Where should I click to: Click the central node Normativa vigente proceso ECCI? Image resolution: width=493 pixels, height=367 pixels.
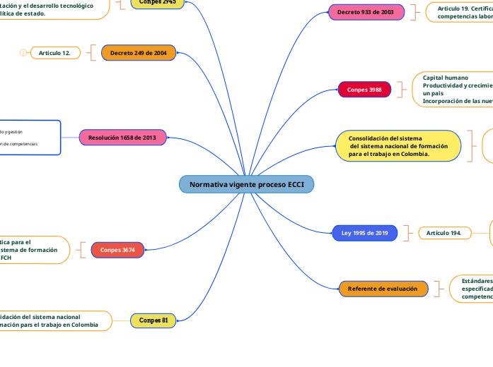pos(246,184)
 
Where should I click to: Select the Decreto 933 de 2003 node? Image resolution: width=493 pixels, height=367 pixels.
pos(366,12)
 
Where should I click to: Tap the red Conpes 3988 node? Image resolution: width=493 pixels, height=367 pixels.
pos(364,90)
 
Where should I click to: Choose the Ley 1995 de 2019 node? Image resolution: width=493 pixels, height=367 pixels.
pos(365,233)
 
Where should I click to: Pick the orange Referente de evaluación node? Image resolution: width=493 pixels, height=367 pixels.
pos(383,289)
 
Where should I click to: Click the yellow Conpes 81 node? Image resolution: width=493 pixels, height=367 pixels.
pos(153,320)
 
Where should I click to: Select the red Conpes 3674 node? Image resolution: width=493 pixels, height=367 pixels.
pos(117,250)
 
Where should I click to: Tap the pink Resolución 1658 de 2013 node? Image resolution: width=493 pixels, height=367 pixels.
pos(123,137)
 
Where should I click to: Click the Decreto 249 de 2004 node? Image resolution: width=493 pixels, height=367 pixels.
pos(139,53)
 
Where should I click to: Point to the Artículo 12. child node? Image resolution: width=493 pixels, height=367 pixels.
pos(54,53)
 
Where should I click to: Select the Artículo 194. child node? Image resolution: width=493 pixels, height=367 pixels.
pos(445,233)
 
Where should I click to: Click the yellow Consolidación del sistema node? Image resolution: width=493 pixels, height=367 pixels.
pos(398,145)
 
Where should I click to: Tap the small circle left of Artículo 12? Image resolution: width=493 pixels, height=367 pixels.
pos(23,53)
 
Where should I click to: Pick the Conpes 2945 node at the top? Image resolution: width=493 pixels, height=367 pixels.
pos(158,3)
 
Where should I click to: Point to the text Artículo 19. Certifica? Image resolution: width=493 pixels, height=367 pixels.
pos(464,8)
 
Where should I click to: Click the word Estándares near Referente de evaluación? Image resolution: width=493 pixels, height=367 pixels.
pos(477,281)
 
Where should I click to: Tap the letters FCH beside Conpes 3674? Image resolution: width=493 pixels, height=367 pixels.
pos(6,258)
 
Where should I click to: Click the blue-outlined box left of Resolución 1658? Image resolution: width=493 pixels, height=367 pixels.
pos(30,137)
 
